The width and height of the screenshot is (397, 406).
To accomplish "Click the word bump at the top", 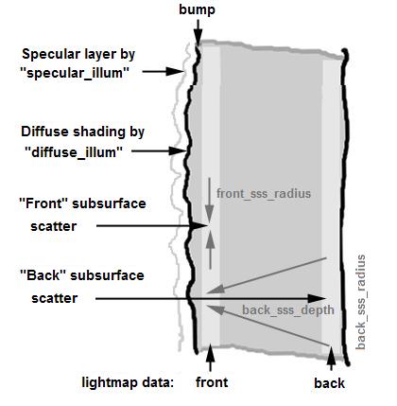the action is (198, 9).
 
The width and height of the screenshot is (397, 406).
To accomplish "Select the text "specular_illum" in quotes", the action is (75, 73).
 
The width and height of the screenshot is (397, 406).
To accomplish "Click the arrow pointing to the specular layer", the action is (163, 72).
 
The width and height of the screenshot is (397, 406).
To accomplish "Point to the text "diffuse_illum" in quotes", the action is (74, 152).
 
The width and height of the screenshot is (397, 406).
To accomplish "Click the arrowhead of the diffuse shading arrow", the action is (178, 151).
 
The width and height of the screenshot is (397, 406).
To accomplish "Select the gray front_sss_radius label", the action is (264, 193).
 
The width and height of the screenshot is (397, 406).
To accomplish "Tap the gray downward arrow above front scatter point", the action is (209, 201).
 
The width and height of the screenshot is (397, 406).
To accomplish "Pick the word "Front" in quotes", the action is (43, 203).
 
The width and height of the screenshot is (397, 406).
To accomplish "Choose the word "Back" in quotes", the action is (43, 275).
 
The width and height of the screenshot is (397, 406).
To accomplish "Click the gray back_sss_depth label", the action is (288, 309).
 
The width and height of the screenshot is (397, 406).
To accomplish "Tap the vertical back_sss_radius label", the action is (361, 302).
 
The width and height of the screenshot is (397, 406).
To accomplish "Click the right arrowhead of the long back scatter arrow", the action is (318, 298).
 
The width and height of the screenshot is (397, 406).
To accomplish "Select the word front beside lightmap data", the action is (212, 382).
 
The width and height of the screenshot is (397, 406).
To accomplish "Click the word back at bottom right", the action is (329, 383).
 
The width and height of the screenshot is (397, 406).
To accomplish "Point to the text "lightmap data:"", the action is (128, 382).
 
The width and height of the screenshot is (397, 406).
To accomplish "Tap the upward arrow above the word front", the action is (211, 358).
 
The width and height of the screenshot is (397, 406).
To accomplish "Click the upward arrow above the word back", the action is (331, 358).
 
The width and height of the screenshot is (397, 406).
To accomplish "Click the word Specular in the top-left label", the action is (46, 54).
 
